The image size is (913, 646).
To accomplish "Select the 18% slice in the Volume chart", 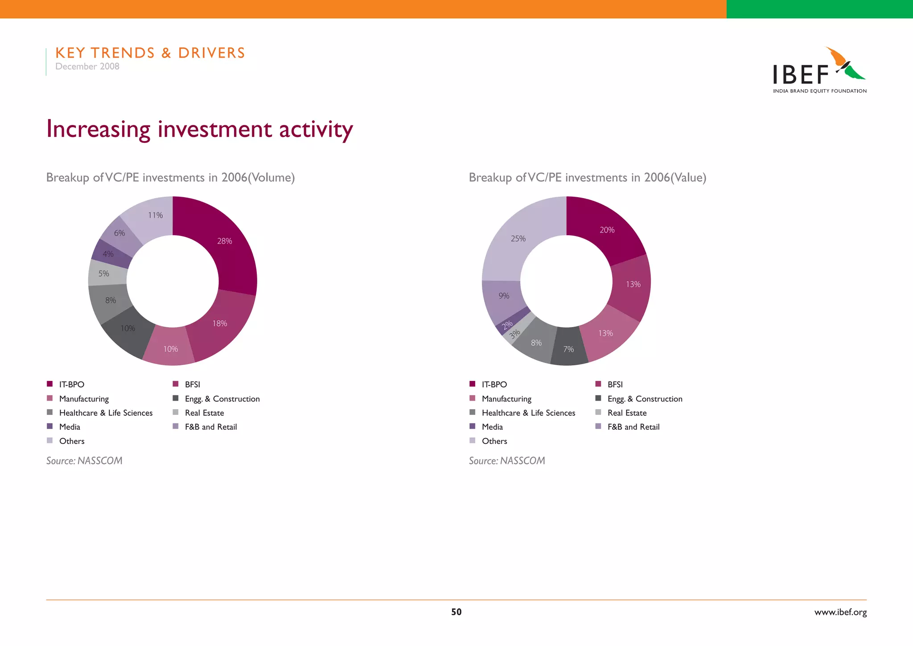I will pos(220,323).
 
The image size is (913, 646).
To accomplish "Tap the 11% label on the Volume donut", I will pos(155,215).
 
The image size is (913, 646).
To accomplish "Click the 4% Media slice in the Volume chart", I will pos(108,254).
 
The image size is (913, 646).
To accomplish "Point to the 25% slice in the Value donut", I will pos(518,239).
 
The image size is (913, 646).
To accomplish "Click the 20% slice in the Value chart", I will pos(607,230).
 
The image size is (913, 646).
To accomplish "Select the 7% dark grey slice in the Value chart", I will pos(568,349).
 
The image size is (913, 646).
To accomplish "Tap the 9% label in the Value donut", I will pos(504,296).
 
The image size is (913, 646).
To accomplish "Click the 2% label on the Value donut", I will pos(507,325).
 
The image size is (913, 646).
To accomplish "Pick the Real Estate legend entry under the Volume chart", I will pos(204,413).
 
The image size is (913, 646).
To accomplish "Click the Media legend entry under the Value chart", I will pos(492,427).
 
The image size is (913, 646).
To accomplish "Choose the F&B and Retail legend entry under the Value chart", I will pos(633,427).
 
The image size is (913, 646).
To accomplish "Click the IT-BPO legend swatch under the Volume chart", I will pos(50,384).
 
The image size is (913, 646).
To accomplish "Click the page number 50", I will pos(456,612).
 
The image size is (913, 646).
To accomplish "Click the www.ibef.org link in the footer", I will pos(840,612).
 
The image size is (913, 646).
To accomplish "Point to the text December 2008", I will pos(87,66).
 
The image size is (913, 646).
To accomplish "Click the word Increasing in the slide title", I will pos(99,129).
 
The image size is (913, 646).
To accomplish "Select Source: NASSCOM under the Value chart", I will pos(507,461).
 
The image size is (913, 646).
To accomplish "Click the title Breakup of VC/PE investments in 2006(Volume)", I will pos(170,178).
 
